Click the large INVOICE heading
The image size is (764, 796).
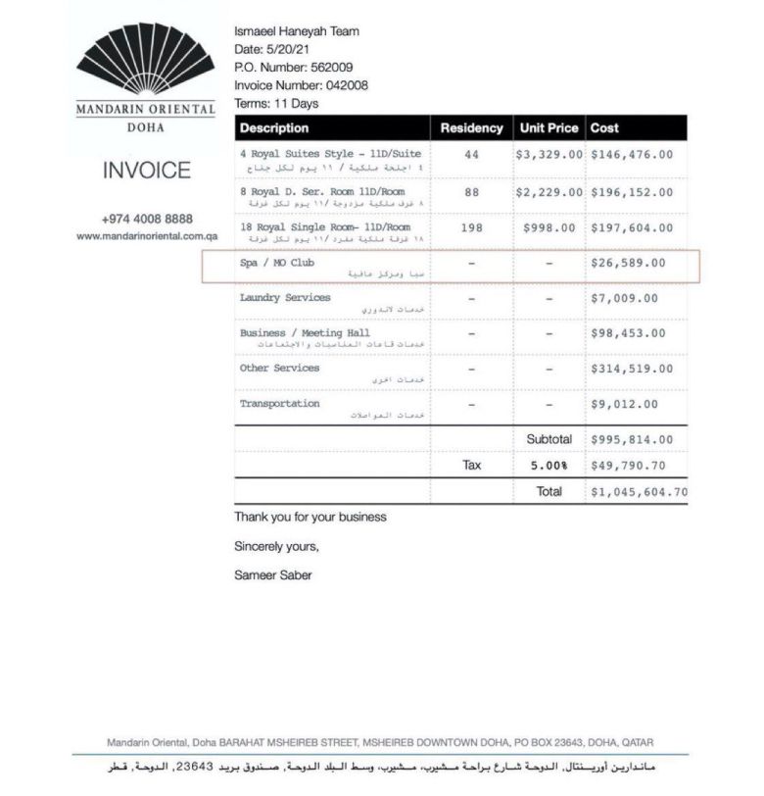147,171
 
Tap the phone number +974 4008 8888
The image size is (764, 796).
147,219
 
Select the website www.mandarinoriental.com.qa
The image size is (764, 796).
147,236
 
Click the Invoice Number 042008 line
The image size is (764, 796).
301,85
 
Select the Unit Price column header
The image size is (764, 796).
549,128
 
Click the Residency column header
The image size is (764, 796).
471,128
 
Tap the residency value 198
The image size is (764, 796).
471,227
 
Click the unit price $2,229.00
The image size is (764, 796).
549,192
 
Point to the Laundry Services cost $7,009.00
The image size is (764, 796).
624,298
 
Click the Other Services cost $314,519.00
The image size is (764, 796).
631,369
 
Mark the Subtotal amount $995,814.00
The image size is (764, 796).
631,440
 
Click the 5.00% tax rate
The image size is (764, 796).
549,466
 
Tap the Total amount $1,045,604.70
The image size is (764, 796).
638,492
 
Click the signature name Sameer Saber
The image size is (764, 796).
272,575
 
